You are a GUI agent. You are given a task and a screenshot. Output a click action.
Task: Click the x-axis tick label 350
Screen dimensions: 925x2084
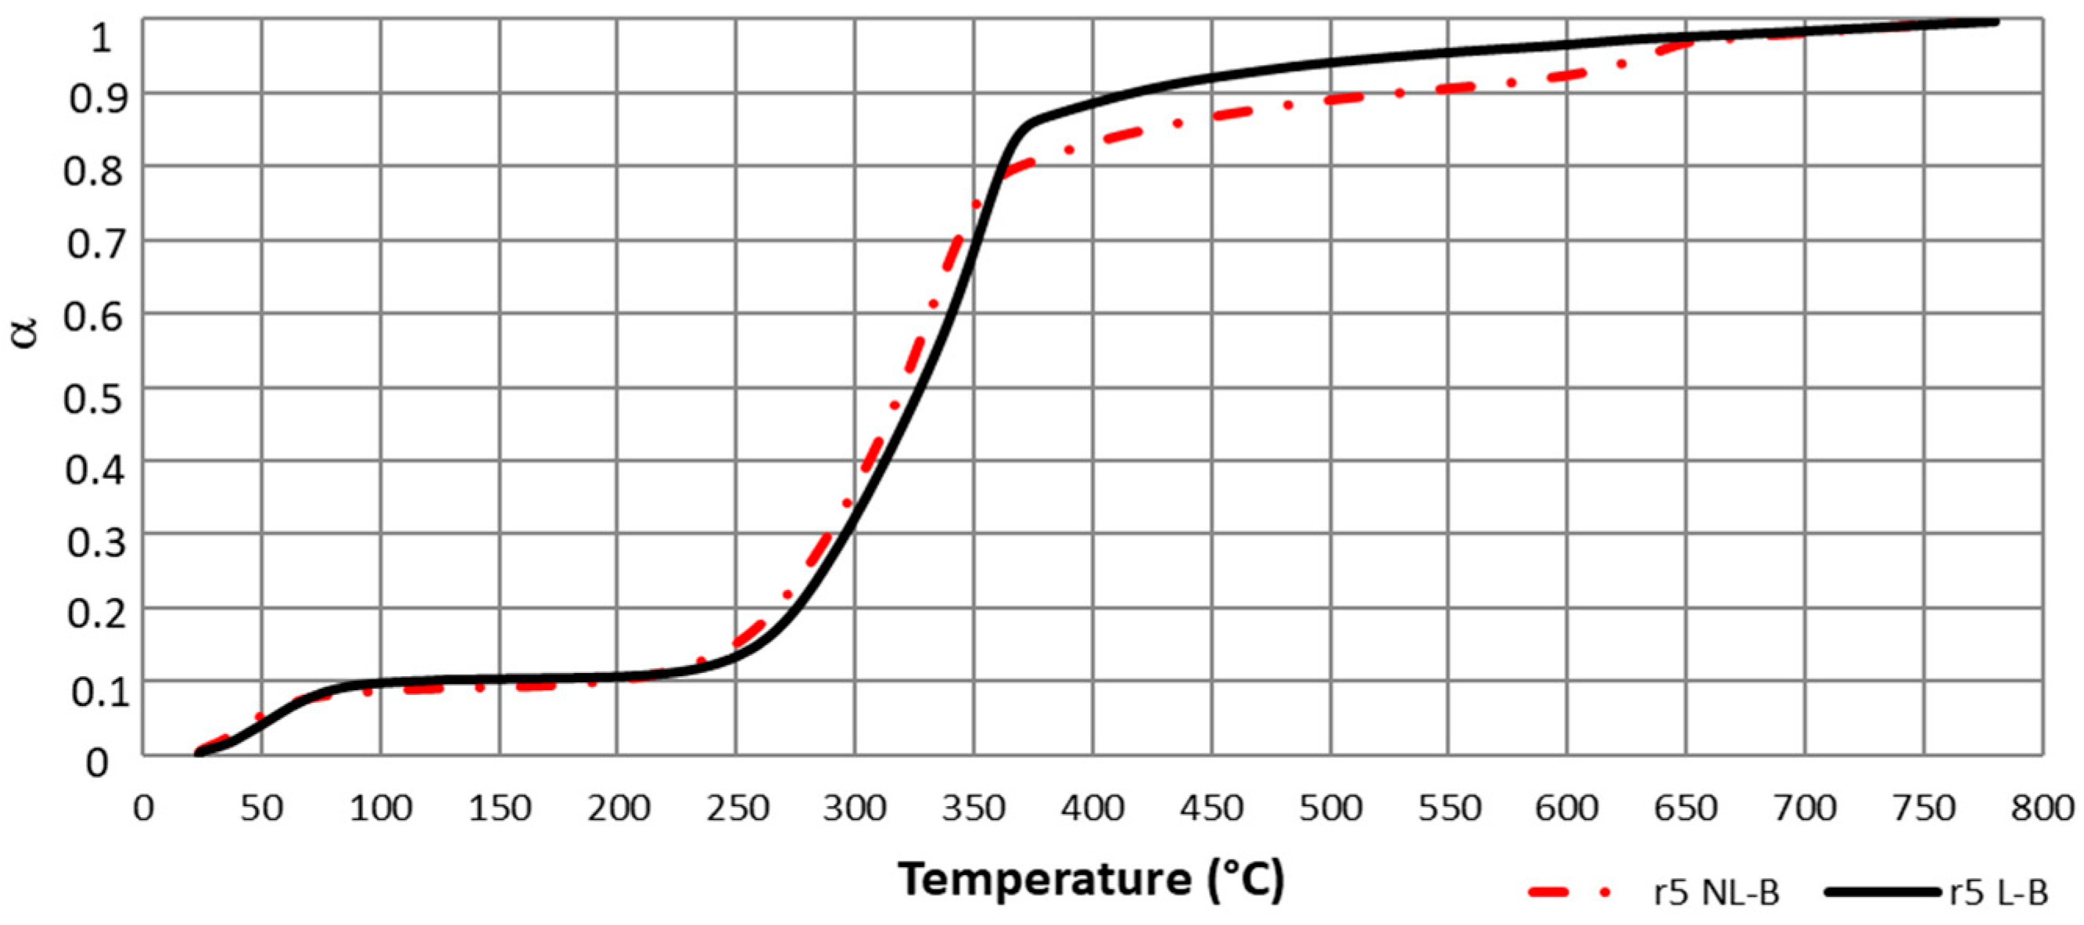974,808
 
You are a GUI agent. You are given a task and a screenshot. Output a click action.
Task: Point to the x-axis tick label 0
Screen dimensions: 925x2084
143,808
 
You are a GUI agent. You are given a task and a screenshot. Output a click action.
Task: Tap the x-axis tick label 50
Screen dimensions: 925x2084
261,808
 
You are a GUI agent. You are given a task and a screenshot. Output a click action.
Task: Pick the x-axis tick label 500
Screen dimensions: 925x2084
1330,808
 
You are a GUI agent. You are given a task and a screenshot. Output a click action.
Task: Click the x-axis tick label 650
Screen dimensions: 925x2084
1686,808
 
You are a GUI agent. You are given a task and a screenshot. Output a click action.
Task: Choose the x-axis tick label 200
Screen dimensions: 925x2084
618,808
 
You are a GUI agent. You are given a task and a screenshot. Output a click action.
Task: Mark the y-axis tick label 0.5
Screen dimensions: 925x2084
95,396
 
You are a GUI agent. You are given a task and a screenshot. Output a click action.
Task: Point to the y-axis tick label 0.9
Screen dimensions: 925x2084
95,99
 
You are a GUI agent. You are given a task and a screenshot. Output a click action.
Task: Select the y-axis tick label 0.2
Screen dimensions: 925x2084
95,614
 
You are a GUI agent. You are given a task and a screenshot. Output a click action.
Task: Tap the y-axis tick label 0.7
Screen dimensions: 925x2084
95,245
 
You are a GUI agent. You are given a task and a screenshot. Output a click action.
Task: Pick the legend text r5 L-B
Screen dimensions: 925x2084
1998,893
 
